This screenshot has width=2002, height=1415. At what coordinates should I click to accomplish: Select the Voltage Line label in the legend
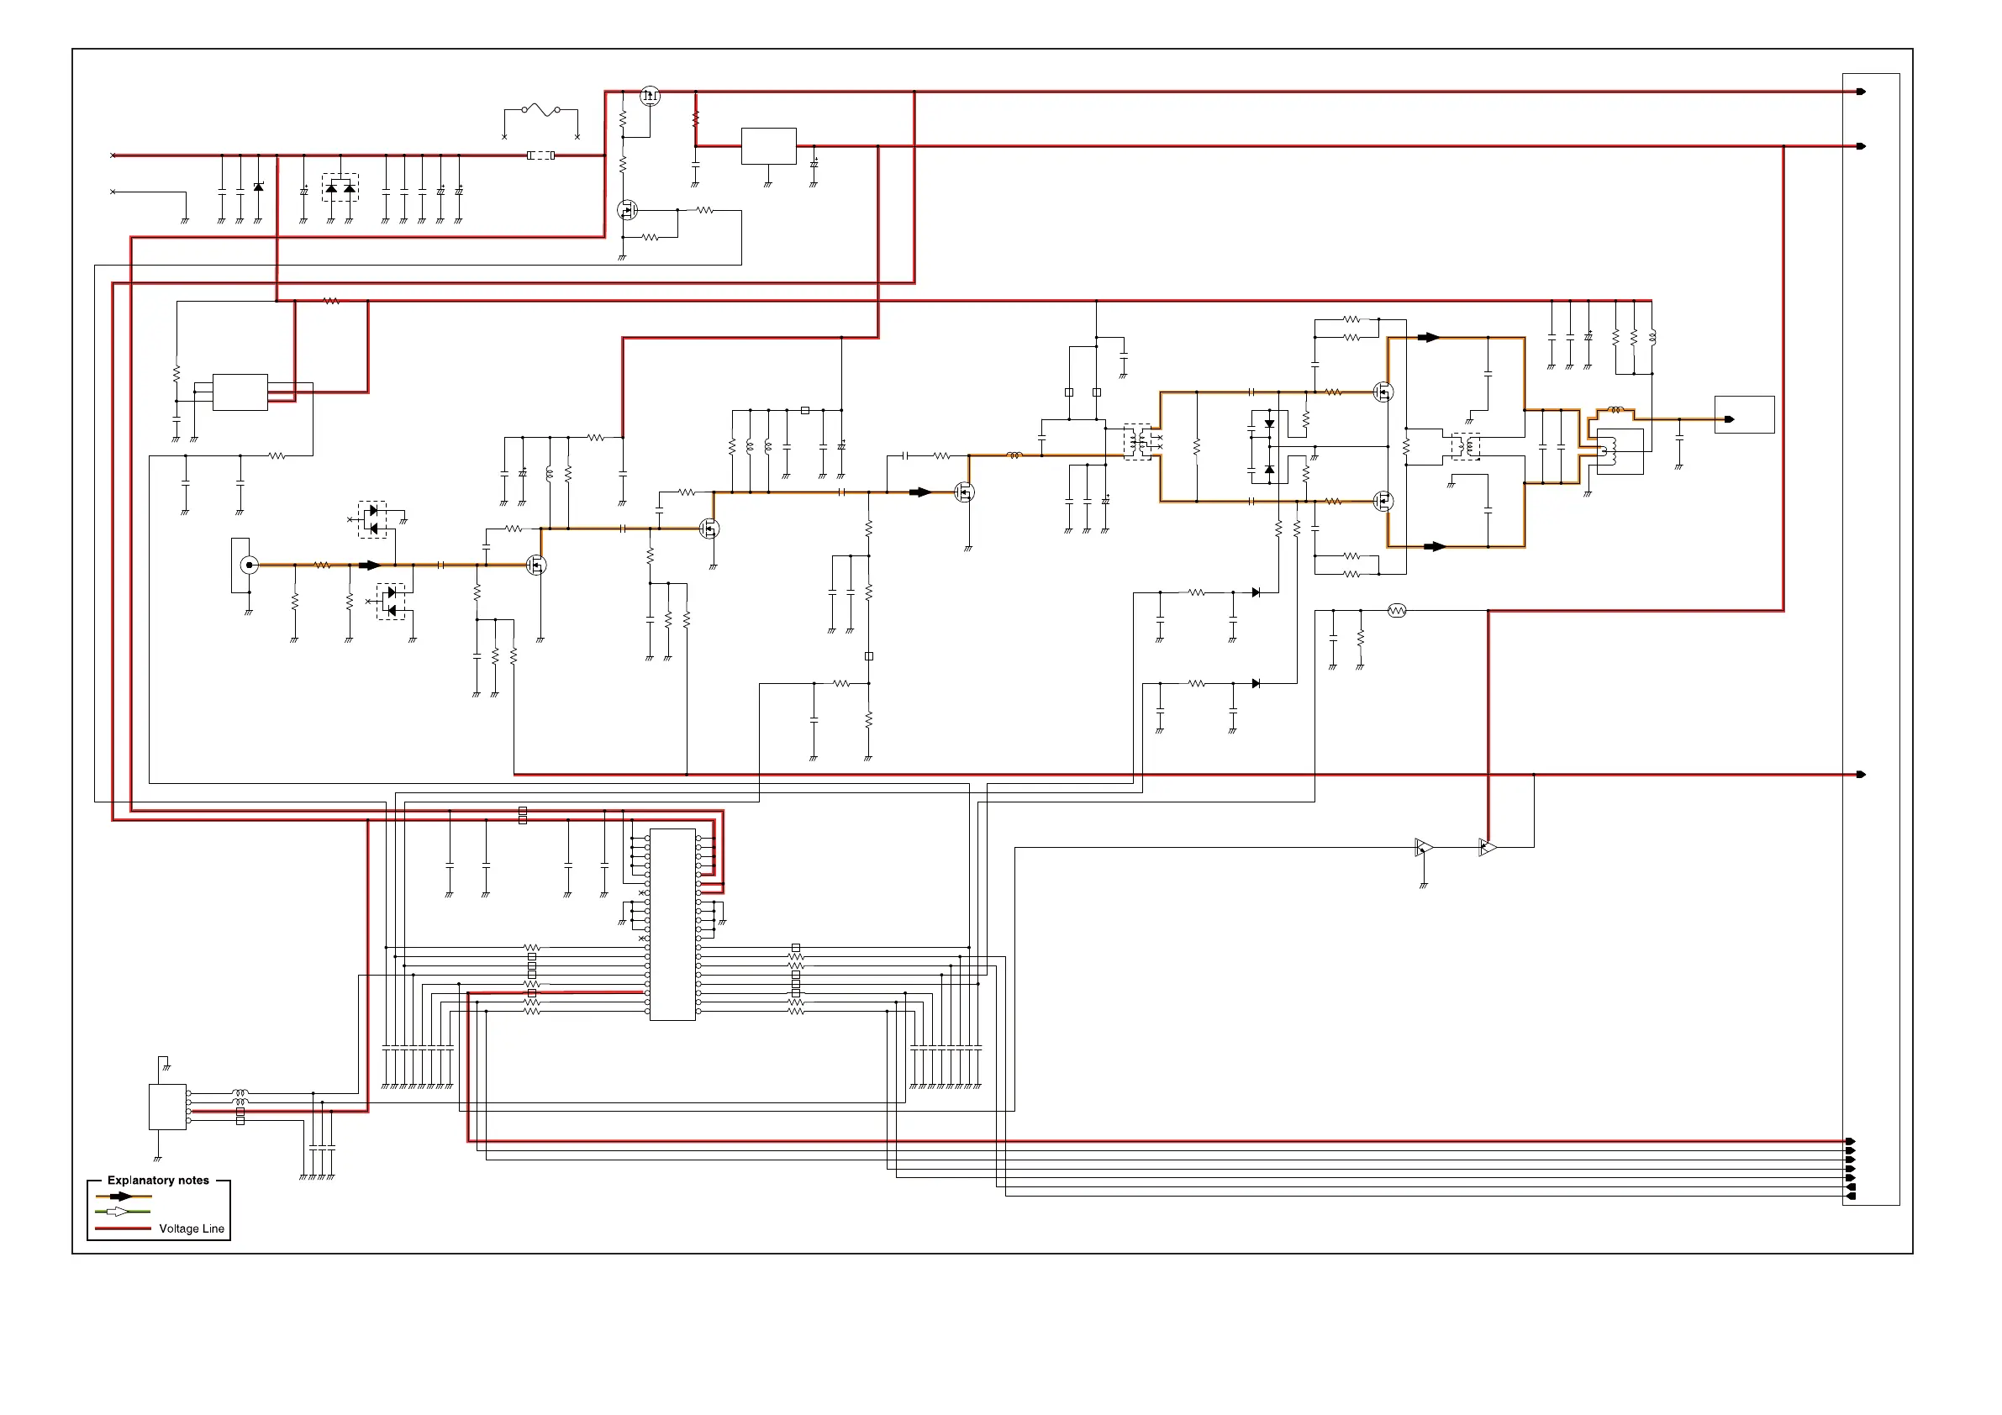click(191, 1228)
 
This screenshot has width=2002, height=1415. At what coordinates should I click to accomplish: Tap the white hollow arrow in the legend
click(118, 1212)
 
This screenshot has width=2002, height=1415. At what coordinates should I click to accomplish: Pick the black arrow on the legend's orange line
click(120, 1197)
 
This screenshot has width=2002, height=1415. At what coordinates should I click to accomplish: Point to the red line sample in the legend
click(122, 1228)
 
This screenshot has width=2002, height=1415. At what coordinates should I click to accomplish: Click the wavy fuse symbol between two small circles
click(540, 110)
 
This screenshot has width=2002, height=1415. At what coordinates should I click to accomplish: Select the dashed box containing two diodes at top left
click(340, 187)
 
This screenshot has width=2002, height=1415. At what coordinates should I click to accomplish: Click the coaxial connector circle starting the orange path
click(250, 565)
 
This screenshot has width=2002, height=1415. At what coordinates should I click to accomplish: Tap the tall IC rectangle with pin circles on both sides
click(672, 924)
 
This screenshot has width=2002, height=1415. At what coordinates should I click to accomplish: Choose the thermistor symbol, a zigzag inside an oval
click(1396, 611)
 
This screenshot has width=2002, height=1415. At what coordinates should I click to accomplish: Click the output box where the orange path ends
click(1744, 415)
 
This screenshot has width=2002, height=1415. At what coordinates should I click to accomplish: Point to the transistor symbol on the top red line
click(650, 96)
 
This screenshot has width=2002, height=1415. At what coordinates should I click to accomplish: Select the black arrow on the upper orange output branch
click(1428, 338)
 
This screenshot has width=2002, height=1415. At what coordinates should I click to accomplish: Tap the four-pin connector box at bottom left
click(167, 1107)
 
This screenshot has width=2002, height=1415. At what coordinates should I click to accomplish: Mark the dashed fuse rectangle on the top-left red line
click(540, 155)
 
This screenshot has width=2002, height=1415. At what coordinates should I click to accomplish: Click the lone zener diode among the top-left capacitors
click(258, 187)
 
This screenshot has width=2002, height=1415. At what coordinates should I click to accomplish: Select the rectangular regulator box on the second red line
click(768, 145)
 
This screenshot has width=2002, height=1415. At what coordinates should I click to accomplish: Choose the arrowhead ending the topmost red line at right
click(1861, 92)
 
